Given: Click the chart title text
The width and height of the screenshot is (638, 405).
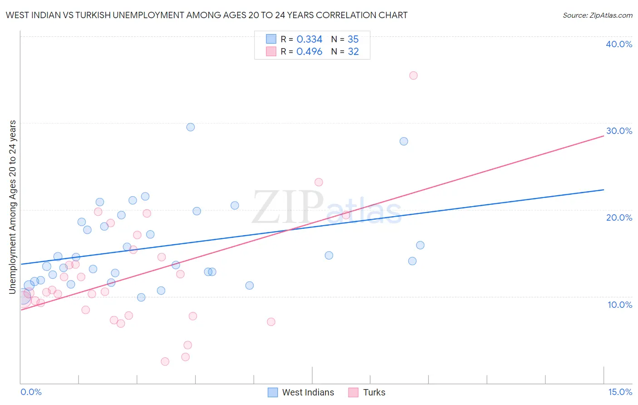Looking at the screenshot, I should coord(206,15).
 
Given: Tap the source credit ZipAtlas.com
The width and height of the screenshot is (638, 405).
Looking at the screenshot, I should coord(597,15).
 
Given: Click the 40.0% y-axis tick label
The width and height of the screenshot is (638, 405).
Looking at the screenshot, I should coord(619,44).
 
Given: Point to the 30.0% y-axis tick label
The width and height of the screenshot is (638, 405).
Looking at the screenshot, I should coord(619,131).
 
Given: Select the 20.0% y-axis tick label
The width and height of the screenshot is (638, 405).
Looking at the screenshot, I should coord(619,217).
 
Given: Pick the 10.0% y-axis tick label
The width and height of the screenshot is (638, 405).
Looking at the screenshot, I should coord(619,305).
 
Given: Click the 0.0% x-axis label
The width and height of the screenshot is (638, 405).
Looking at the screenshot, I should coord(31,392).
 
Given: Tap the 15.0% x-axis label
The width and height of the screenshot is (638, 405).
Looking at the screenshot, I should coord(620,392).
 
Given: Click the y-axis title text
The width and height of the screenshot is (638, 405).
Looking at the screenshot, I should coord(13,207).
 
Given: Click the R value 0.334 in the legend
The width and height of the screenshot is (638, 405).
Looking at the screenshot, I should coord(309,40).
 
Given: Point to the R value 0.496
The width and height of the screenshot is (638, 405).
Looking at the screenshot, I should coord(309,52).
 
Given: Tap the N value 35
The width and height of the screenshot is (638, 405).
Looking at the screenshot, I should coord(353,40).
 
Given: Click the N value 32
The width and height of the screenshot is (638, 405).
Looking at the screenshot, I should coord(353,52).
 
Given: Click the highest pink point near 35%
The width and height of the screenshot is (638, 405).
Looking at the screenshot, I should coord(413,75).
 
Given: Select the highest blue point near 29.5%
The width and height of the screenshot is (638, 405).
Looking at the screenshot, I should coord(191,127).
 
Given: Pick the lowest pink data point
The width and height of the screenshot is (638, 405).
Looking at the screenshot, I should coord(165,361).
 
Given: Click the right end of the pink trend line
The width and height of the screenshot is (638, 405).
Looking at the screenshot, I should coord(604,136).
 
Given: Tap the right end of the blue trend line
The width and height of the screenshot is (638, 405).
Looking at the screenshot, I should coord(604,190).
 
